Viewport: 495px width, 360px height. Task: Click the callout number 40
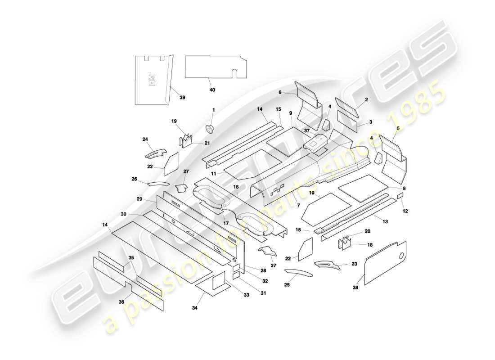pos(212,90)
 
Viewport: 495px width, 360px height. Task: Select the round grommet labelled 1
pos(210,129)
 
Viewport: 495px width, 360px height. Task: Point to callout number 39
pos(182,97)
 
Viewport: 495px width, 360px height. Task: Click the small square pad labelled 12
pos(400,196)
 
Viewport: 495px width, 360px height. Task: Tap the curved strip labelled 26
pos(157,184)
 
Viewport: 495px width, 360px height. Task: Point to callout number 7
pos(298,205)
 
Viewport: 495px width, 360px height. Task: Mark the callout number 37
pos(306,131)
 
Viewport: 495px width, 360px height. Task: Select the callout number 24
pos(145,139)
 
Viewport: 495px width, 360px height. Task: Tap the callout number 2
pos(366,99)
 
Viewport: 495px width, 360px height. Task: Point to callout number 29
pos(140,198)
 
